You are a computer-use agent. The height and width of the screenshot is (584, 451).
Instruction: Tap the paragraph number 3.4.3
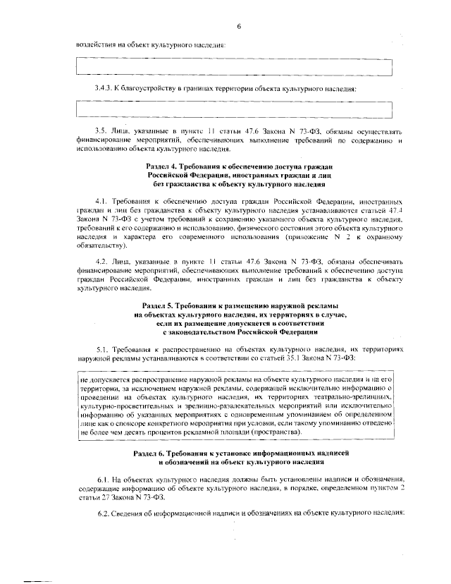click(x=104, y=88)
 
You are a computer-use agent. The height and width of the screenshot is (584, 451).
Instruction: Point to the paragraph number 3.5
click(x=101, y=130)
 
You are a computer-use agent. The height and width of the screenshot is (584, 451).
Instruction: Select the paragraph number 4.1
click(x=101, y=200)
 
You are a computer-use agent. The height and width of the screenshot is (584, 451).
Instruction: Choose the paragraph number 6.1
click(x=101, y=478)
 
